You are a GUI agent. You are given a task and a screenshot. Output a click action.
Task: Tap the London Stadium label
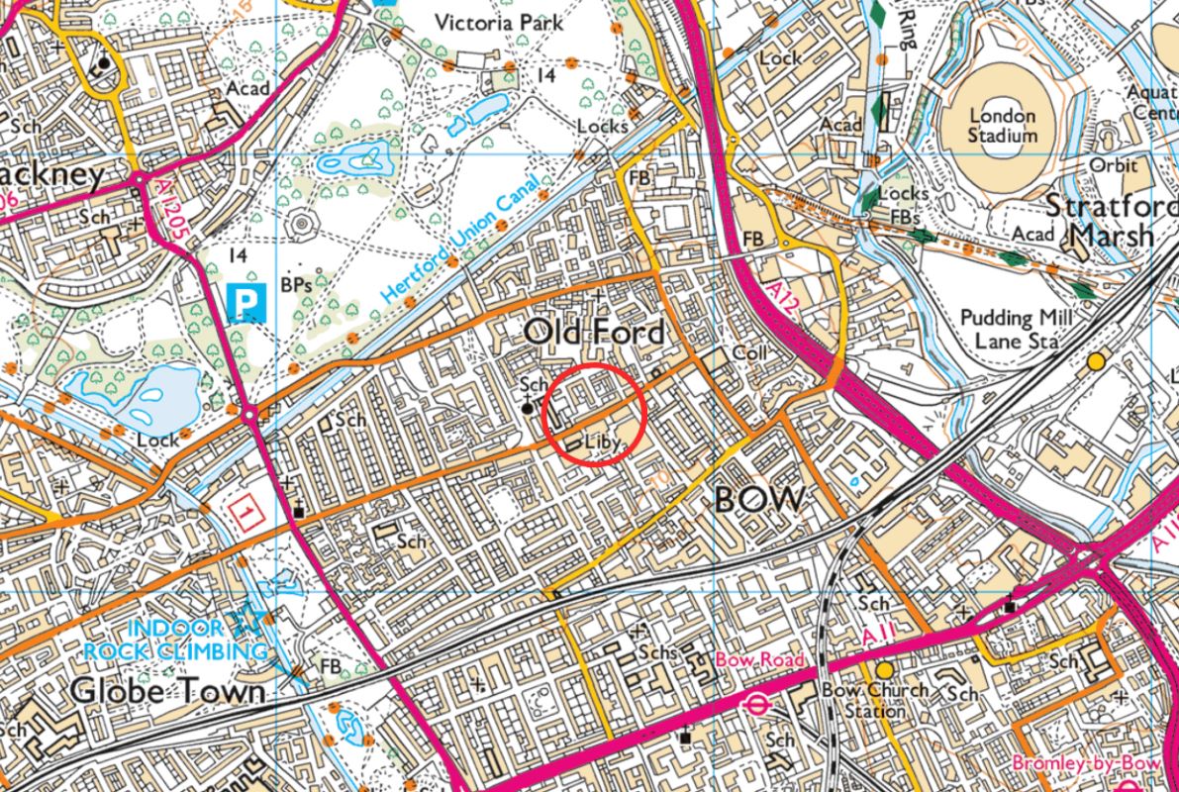1002,126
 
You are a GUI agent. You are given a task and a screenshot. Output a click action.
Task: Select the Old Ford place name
594,333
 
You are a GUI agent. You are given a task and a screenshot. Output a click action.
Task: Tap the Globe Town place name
168,691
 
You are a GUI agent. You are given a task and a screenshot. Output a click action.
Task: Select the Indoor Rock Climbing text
176,640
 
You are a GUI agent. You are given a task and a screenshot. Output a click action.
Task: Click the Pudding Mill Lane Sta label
1010,329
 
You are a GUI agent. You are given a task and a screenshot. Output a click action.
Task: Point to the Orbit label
1114,166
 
